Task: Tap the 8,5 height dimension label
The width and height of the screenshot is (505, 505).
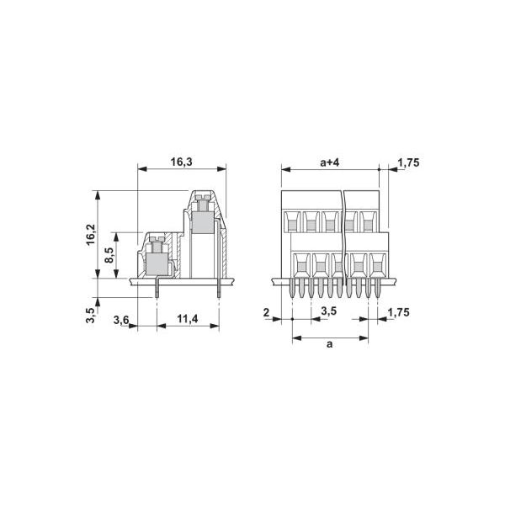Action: click(x=110, y=255)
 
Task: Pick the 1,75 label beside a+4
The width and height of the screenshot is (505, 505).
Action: click(x=408, y=162)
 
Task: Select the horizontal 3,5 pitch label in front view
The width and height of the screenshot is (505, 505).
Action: click(x=330, y=311)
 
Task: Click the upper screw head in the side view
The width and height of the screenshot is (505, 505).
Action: click(x=202, y=202)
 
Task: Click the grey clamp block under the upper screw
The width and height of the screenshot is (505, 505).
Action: click(x=202, y=222)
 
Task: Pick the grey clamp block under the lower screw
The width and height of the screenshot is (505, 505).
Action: click(x=156, y=264)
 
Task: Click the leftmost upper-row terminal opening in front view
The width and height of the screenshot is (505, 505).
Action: click(x=291, y=221)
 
